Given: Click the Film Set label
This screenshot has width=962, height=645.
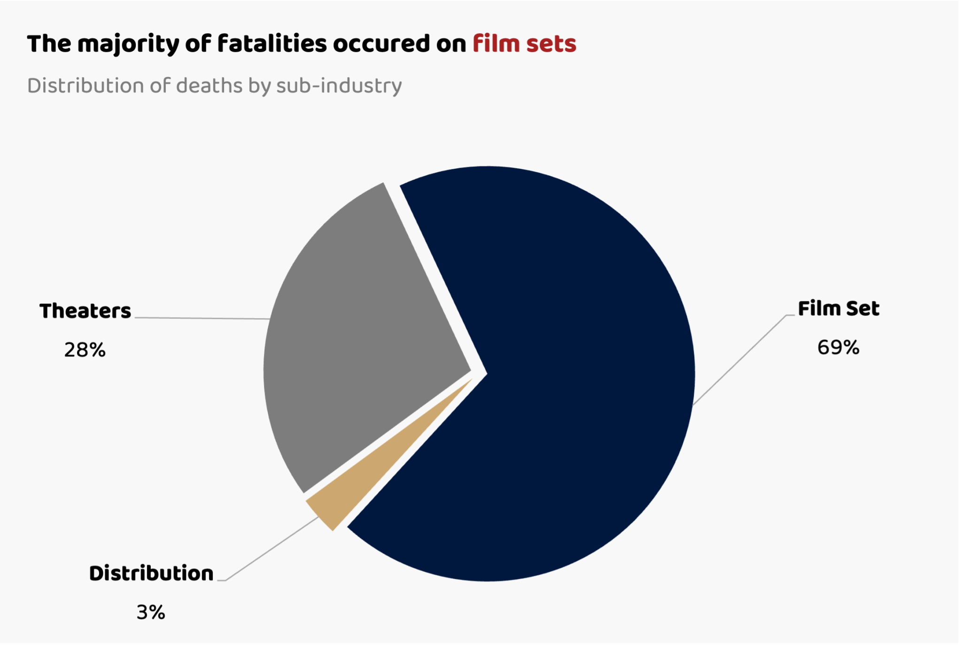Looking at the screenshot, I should tap(838, 309).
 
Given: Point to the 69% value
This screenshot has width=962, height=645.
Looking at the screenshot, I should tap(838, 348).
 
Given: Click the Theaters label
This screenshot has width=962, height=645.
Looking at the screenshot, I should tap(85, 311).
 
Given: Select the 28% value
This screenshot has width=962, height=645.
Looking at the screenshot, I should tap(85, 350).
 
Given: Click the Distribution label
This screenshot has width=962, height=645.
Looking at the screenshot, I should tap(151, 574).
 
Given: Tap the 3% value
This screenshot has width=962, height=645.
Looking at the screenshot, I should tap(151, 613).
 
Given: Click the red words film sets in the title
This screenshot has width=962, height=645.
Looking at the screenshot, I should tap(524, 44).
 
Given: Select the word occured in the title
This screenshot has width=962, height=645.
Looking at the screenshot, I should tap(381, 44).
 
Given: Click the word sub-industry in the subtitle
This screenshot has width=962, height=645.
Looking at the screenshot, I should tap(339, 86).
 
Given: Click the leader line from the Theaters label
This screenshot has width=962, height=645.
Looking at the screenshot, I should tap(202, 318).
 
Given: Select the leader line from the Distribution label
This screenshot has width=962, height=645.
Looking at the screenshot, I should tap(272, 548).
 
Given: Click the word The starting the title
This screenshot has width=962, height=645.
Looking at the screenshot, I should tap(49, 44).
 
